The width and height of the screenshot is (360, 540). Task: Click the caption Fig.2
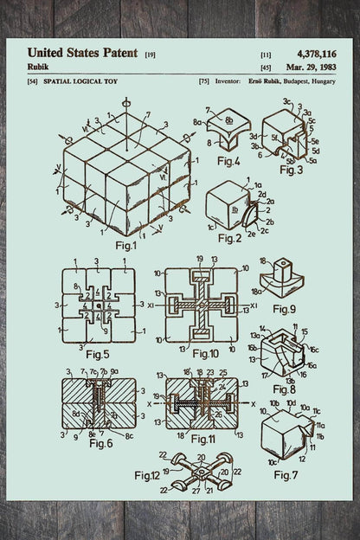(x=229, y=237)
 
